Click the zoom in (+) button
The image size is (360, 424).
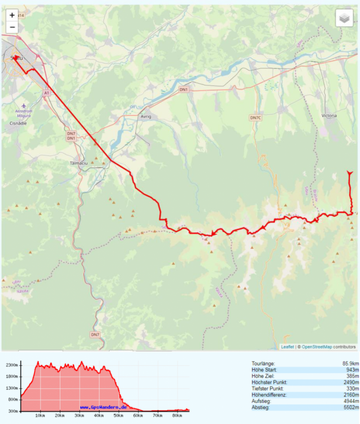click(12, 15)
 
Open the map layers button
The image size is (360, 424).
click(344, 18)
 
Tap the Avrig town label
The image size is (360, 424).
click(146, 116)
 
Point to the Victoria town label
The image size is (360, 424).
click(329, 115)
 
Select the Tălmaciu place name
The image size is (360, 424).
click(76, 162)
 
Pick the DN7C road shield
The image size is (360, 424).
click(256, 118)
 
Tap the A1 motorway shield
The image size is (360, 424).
click(46, 93)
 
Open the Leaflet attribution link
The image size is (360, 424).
click(287, 347)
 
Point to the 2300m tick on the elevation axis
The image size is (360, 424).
click(11, 366)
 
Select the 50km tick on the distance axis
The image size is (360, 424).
click(117, 416)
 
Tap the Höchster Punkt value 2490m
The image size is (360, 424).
click(344, 382)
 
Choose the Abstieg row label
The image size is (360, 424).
click(261, 407)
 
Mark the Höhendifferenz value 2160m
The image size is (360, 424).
click(344, 395)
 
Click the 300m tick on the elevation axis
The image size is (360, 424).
click(12, 410)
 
